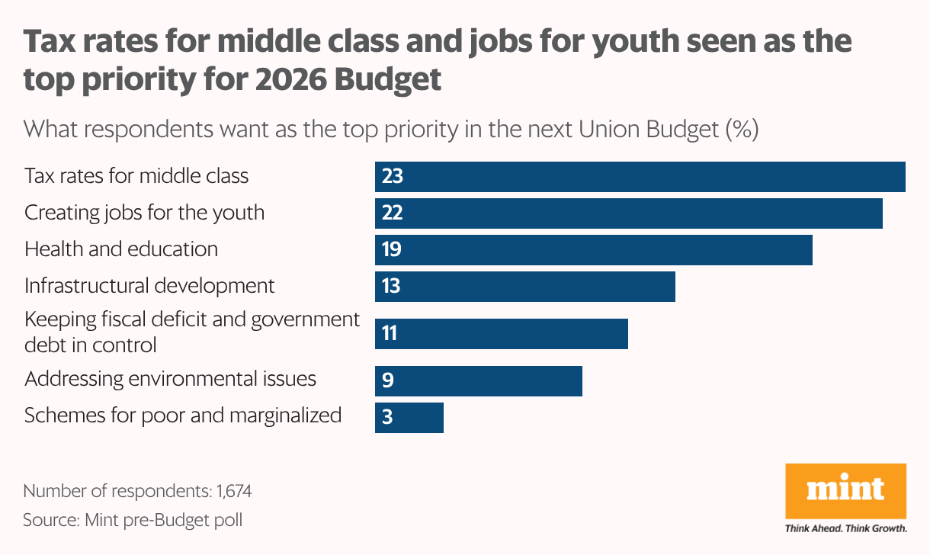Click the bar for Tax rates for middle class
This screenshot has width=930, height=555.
[640, 177]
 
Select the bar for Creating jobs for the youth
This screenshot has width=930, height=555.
[628, 213]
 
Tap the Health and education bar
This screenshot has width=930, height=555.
[593, 250]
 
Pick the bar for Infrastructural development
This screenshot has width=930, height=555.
[524, 287]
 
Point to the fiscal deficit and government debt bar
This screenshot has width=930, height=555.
[501, 334]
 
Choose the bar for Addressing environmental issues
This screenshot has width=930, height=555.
[478, 381]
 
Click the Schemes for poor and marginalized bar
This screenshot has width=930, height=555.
[409, 418]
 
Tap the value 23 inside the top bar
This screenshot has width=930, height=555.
[393, 177]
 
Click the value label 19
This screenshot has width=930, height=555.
[392, 250]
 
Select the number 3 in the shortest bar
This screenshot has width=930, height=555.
[387, 418]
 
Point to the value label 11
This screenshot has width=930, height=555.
[390, 334]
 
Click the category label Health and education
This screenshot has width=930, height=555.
[121, 249]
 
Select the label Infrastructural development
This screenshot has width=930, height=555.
[149, 286]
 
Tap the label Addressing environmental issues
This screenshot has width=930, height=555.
[170, 379]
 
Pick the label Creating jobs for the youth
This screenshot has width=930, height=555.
[144, 213]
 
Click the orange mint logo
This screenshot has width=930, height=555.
[845, 489]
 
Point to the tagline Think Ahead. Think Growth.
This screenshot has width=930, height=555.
[845, 528]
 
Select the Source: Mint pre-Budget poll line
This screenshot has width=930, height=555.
[133, 520]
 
